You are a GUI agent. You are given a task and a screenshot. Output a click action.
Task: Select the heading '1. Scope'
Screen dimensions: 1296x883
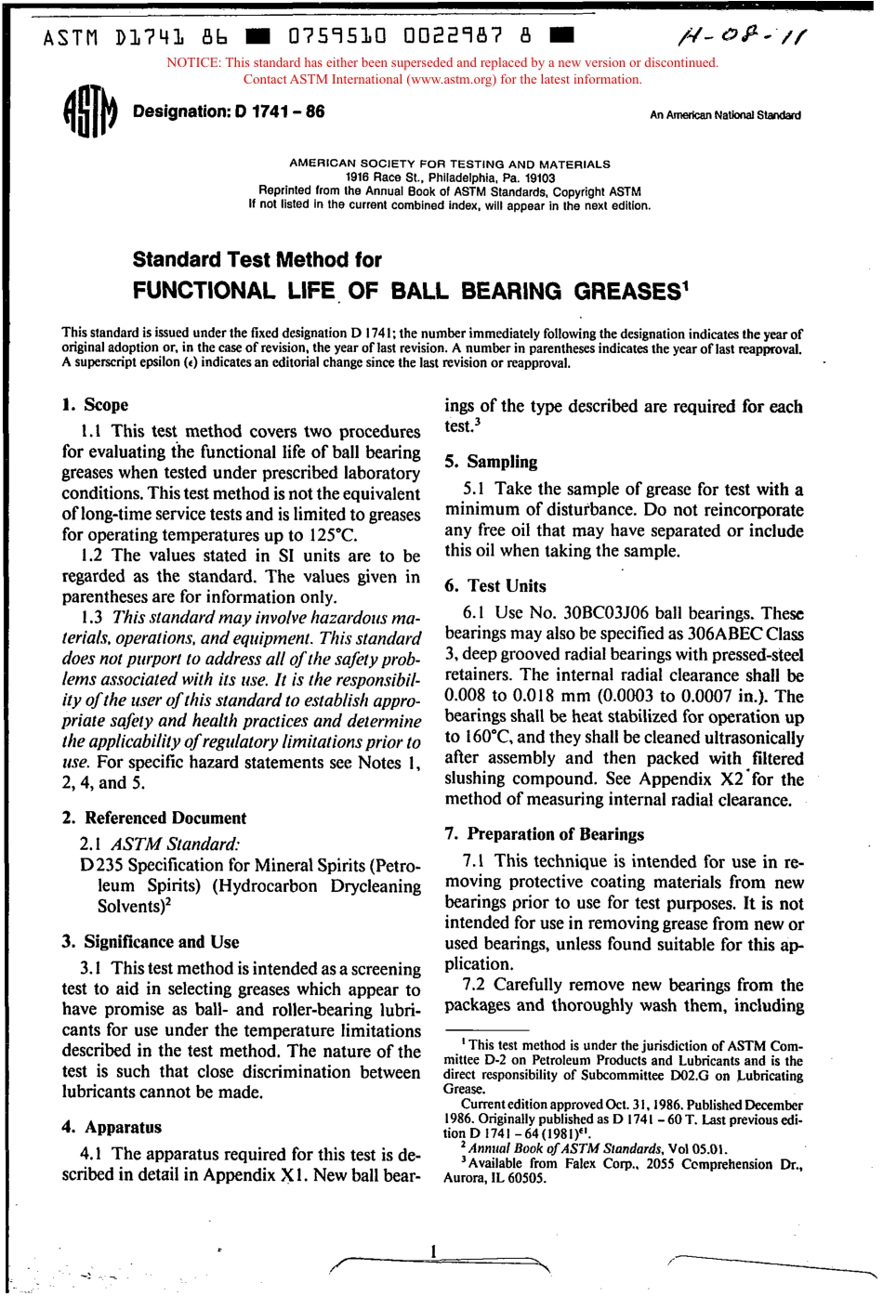pyautogui.click(x=96, y=405)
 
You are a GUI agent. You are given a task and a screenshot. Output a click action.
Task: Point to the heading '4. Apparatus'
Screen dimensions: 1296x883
pyautogui.click(x=112, y=1127)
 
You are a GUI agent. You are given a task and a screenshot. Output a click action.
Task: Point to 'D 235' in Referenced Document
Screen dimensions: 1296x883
pyautogui.click(x=96, y=866)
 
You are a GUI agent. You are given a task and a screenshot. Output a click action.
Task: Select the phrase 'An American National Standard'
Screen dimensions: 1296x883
pyautogui.click(x=725, y=116)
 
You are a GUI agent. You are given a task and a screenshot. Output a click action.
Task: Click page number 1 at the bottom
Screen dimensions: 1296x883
pyautogui.click(x=433, y=1251)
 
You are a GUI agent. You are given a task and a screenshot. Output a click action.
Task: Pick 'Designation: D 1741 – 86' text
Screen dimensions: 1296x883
pyautogui.click(x=229, y=112)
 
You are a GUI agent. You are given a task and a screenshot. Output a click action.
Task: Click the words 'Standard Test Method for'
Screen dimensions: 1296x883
pyautogui.click(x=257, y=260)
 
